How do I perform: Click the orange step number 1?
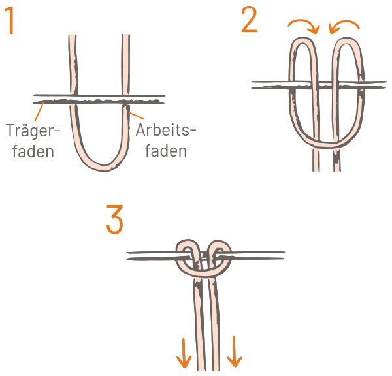[x=10, y=20]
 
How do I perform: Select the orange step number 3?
[x=115, y=219]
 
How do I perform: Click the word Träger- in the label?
[x=33, y=130]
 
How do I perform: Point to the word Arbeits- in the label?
[x=166, y=130]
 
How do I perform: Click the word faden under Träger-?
[x=33, y=151]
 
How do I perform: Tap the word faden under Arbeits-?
[x=166, y=151]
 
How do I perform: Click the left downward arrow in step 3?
[x=184, y=352]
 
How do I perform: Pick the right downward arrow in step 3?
[x=235, y=351]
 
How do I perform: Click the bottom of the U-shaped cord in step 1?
[x=105, y=168]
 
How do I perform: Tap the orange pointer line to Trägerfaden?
[x=39, y=112]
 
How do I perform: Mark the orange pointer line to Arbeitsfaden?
[x=137, y=115]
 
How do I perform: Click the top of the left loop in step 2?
[x=302, y=40]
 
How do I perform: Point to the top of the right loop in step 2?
[x=348, y=40]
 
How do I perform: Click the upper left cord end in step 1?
[x=73, y=35]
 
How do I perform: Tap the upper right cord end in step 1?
[x=125, y=35]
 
